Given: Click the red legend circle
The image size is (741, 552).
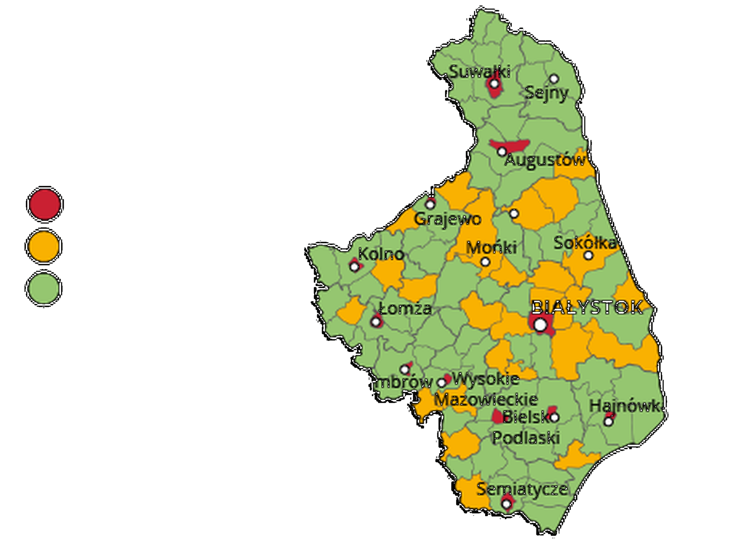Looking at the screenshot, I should (x=45, y=204).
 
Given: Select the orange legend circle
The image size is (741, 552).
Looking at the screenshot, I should (x=44, y=246).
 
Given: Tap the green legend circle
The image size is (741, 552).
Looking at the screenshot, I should (x=44, y=288).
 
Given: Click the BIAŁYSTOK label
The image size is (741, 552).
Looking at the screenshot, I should (x=587, y=308).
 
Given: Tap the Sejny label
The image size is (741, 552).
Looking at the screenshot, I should (x=546, y=93).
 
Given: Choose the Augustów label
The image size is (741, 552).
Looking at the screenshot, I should (x=545, y=160).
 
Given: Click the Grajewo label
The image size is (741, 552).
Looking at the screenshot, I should (x=448, y=219).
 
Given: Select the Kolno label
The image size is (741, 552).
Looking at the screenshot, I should (x=381, y=254).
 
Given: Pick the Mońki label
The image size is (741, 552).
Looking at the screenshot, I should (x=491, y=248).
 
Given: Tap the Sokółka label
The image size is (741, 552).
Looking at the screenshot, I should (x=585, y=243).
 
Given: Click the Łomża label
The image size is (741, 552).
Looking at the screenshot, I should (x=405, y=309).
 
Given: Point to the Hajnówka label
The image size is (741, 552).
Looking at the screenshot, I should (x=625, y=406).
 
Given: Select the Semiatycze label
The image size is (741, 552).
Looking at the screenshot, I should (x=522, y=489).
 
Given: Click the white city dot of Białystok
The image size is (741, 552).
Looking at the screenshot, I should (x=540, y=325).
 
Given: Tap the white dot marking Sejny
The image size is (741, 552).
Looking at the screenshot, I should (x=554, y=79).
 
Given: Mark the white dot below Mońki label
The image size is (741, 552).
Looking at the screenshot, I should (x=485, y=262).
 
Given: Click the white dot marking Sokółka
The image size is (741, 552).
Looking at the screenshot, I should (x=589, y=255).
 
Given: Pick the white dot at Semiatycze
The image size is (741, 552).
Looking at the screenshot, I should (x=506, y=503).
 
